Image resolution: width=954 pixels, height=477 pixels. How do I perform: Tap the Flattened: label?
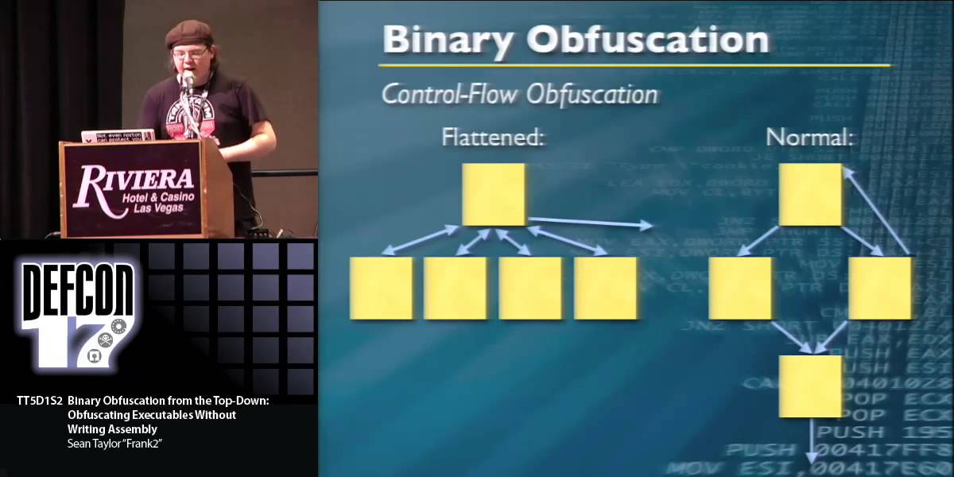pos(493,138)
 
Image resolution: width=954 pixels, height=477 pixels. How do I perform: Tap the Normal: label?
pos(809,138)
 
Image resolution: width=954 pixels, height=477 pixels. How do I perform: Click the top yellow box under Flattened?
pos(494,194)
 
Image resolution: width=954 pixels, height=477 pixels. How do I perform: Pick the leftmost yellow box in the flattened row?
pos(381,287)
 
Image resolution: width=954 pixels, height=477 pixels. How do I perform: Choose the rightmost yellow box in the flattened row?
pos(606,287)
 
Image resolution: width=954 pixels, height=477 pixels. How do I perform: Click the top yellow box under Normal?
pos(810,194)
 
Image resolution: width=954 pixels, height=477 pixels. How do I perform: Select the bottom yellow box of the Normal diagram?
pos(810,386)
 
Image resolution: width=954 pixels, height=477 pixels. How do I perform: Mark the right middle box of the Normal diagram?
pos(880,287)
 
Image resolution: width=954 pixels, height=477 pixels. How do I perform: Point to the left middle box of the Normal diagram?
pos(740,287)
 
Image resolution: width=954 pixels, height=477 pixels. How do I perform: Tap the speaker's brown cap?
pos(188,33)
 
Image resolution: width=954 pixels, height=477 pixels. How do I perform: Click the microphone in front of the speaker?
pos(188,79)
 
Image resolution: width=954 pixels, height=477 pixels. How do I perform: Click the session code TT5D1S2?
pos(39,401)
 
